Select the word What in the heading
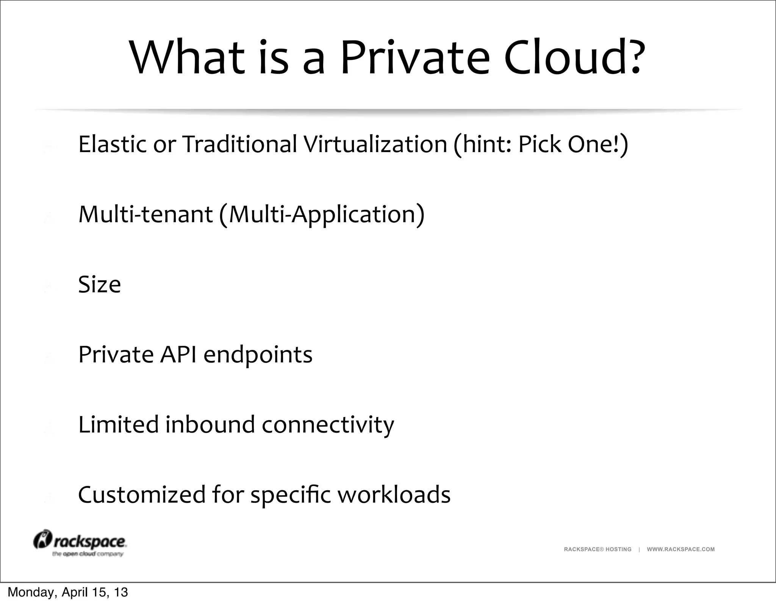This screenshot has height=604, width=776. [x=188, y=58]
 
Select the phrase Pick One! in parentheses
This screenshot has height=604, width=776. [x=568, y=144]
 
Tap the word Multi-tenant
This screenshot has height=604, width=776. [x=145, y=214]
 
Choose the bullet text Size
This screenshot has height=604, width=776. [x=99, y=284]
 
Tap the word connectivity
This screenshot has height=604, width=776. [x=328, y=425]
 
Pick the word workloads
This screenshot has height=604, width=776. [x=394, y=495]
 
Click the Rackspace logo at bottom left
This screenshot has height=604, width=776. [x=80, y=543]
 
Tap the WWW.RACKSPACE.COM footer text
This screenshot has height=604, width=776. [x=681, y=549]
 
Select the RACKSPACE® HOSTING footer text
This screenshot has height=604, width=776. [x=598, y=549]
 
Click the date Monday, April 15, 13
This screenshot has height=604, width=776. [x=68, y=592]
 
